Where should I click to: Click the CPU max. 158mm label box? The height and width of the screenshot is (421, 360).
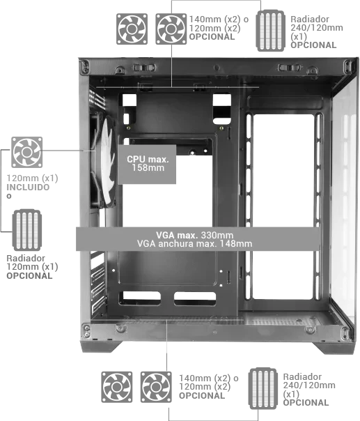tap(147, 164)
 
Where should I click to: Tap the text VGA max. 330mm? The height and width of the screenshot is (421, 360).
tap(195, 235)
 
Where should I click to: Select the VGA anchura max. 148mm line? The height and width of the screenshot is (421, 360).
tap(195, 244)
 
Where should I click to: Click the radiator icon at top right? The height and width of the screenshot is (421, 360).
tap(270, 31)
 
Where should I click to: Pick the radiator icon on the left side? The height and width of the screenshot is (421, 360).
tap(27, 230)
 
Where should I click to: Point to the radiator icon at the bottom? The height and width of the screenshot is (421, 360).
tap(263, 388)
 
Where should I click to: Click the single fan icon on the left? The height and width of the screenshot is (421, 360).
tap(27, 152)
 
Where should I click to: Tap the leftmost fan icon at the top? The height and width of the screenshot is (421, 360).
tap(132, 29)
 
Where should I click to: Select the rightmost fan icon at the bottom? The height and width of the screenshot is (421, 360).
tap(156, 387)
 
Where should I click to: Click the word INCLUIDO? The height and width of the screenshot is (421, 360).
tap(28, 187)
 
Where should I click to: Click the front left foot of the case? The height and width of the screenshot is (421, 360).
tap(100, 346)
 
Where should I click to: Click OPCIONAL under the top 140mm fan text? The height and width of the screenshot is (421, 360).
tap(212, 37)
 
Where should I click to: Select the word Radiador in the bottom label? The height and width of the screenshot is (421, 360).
tap(302, 376)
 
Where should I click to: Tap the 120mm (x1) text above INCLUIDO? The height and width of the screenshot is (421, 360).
tap(32, 178)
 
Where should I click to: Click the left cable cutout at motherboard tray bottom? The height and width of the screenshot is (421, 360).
tap(140, 298)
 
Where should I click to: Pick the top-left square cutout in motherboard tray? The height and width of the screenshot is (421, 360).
tap(130, 100)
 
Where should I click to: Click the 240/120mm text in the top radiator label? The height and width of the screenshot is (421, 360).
tap(317, 28)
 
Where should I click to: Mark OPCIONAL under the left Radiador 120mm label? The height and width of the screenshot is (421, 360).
tap(29, 276)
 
